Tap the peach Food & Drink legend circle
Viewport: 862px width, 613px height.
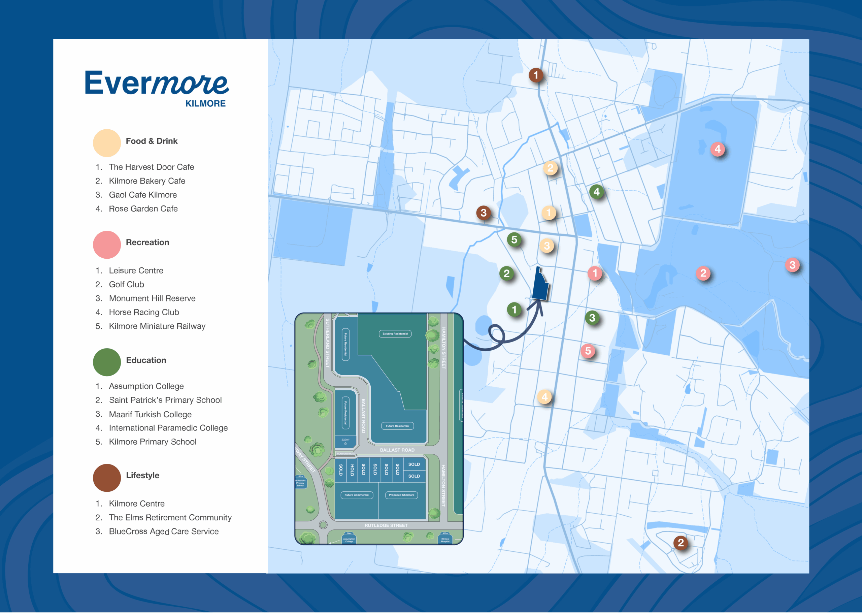click(x=107, y=143)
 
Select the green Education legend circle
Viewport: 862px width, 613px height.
click(x=107, y=362)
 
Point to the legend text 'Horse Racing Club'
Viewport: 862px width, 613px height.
click(x=144, y=312)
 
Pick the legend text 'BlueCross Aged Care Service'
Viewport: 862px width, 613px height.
click(x=164, y=531)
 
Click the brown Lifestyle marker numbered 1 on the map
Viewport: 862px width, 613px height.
click(x=536, y=75)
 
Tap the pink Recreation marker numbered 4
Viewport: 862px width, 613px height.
click(x=718, y=149)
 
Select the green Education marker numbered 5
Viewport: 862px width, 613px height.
click(x=514, y=239)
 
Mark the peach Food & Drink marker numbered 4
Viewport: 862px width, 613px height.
click(x=544, y=397)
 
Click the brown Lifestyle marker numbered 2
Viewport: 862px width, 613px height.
click(x=681, y=543)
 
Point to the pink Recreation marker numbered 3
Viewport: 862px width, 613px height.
click(x=792, y=265)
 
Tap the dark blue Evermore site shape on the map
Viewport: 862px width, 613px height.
click(x=540, y=287)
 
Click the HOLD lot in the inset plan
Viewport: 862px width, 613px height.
click(x=352, y=470)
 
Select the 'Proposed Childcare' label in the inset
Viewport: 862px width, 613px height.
click(x=401, y=495)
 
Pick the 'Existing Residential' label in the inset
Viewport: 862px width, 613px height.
click(x=395, y=334)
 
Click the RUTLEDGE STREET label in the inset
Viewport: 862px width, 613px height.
click(x=386, y=525)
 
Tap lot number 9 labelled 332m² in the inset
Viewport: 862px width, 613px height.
click(x=345, y=442)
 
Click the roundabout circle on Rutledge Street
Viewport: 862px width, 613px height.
click(x=323, y=525)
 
